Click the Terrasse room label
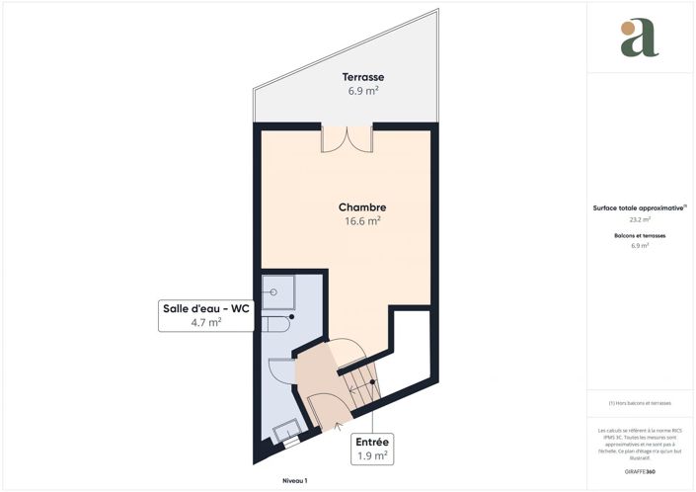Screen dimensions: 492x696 (x=362, y=77)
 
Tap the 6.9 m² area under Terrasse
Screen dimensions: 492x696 (x=362, y=91)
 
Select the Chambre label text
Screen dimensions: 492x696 (x=361, y=207)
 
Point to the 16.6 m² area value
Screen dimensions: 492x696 (x=362, y=221)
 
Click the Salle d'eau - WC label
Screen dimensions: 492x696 (x=206, y=308)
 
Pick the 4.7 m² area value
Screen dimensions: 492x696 (x=206, y=322)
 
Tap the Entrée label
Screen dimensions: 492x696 (x=370, y=443)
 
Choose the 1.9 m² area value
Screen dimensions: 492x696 (x=370, y=456)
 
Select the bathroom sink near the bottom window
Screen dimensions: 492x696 (x=287, y=429)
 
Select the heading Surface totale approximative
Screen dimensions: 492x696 (x=639, y=207)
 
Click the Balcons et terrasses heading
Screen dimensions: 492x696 (x=639, y=237)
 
